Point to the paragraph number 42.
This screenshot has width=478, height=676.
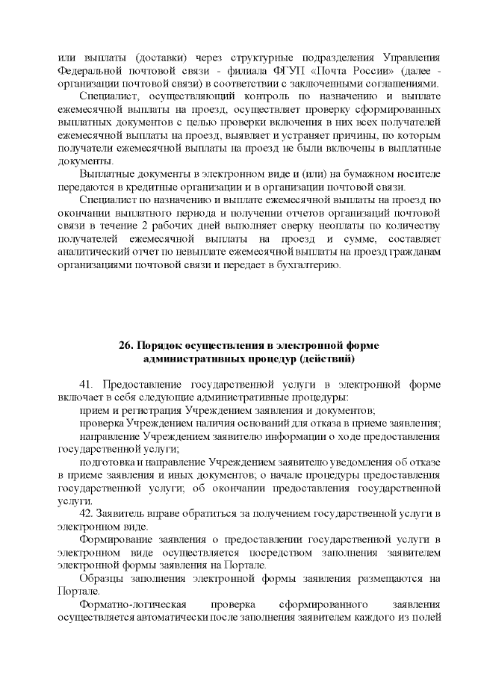pos(86,515)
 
